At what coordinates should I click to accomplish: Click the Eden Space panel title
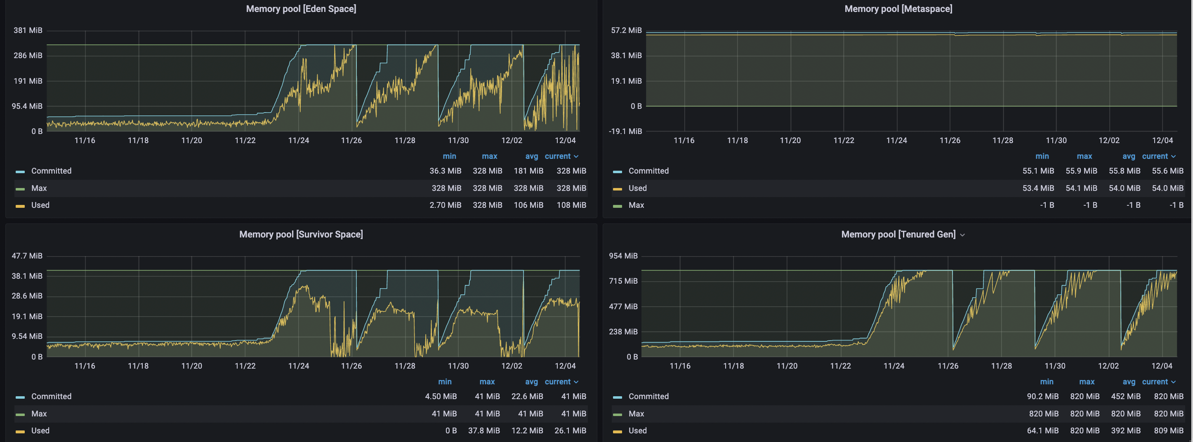click(301, 9)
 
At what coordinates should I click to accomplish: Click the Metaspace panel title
click(898, 9)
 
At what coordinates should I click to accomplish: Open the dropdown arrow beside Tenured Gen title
click(962, 235)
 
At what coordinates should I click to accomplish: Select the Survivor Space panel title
click(301, 234)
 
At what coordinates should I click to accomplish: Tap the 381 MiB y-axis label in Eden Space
click(28, 31)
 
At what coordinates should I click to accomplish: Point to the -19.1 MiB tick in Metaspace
click(625, 132)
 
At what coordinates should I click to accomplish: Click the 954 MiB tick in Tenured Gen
click(623, 256)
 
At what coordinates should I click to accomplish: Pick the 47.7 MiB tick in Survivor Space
click(27, 256)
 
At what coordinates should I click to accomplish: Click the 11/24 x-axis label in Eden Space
click(298, 140)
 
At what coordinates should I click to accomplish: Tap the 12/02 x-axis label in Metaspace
click(1109, 140)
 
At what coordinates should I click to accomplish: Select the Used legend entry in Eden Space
click(40, 205)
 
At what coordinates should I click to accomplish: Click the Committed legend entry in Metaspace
click(648, 171)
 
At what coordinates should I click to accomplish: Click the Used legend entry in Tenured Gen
click(637, 430)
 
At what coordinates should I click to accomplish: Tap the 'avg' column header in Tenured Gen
click(1129, 382)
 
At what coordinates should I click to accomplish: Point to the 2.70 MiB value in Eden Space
click(445, 205)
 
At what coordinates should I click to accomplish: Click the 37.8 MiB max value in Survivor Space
click(483, 430)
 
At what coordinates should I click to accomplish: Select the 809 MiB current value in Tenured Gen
click(1168, 430)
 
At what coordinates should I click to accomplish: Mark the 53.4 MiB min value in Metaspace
click(1038, 188)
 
